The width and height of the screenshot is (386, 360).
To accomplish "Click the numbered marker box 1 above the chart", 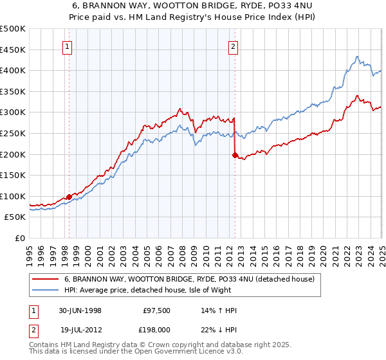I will tap(68, 46).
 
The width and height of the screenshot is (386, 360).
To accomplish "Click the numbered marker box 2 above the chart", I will tap(233, 46).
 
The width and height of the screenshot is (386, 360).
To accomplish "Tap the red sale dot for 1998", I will tap(69, 197).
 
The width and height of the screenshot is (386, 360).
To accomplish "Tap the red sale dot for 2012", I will tap(235, 154).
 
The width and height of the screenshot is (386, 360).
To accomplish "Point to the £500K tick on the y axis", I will tap(13, 29).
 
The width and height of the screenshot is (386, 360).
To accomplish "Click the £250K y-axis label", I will tap(13, 133).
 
